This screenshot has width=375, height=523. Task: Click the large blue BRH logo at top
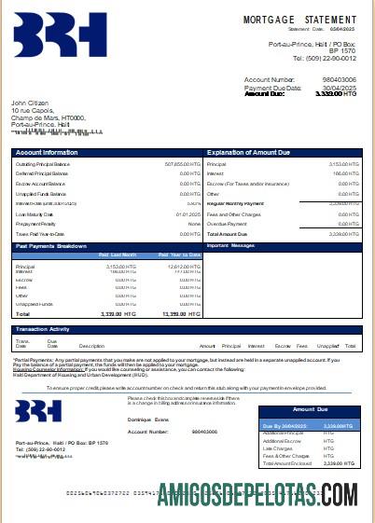click(x=60, y=35)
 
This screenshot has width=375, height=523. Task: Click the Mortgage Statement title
click(x=299, y=20)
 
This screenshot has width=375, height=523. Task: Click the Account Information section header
click(x=47, y=152)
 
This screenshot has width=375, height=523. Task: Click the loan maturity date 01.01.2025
click(x=188, y=214)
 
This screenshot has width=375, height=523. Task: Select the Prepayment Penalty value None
click(x=194, y=225)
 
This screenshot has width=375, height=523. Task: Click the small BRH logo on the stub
click(x=38, y=410)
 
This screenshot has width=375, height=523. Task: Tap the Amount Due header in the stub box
click(x=310, y=410)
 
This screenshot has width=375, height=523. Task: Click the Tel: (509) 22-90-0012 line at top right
click(x=324, y=58)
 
